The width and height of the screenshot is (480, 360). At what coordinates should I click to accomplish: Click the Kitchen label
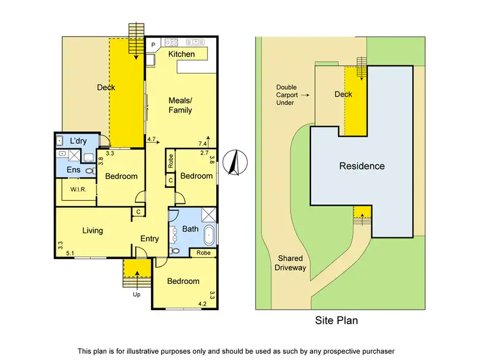point(181,54)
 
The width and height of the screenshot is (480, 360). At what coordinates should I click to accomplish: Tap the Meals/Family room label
point(180,105)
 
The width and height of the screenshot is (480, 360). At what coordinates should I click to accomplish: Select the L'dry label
point(78,141)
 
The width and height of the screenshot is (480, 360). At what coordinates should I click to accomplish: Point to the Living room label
point(92,230)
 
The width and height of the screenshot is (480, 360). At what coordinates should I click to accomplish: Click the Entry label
point(150,239)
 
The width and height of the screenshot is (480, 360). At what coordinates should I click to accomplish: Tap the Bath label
point(190,228)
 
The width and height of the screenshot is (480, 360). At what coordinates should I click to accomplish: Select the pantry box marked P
point(154,45)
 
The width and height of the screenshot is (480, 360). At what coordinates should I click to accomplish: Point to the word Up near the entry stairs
point(136,295)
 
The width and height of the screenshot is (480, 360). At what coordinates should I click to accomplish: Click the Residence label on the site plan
point(362,166)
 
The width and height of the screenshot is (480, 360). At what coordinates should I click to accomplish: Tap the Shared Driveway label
point(291,263)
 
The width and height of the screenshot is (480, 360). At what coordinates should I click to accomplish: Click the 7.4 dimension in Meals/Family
point(203,144)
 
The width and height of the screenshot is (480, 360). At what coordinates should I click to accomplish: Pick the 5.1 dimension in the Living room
point(69,253)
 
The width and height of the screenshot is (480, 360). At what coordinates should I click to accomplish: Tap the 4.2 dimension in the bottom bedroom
point(202,304)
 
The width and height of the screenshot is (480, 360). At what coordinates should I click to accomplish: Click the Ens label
point(74,169)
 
